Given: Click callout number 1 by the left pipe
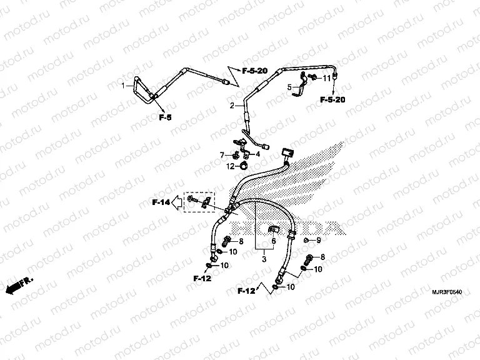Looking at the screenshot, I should point(123,86).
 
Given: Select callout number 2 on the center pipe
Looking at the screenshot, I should point(231,106).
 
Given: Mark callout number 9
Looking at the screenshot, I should point(318,241).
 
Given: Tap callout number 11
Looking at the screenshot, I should point(326,78).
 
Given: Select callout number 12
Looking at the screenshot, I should point(230,166).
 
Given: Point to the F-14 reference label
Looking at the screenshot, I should point(161,201).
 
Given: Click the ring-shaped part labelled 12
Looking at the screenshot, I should point(244,166).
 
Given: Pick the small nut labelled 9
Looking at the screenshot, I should point(306,241).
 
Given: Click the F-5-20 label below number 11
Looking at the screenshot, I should point(331,99).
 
